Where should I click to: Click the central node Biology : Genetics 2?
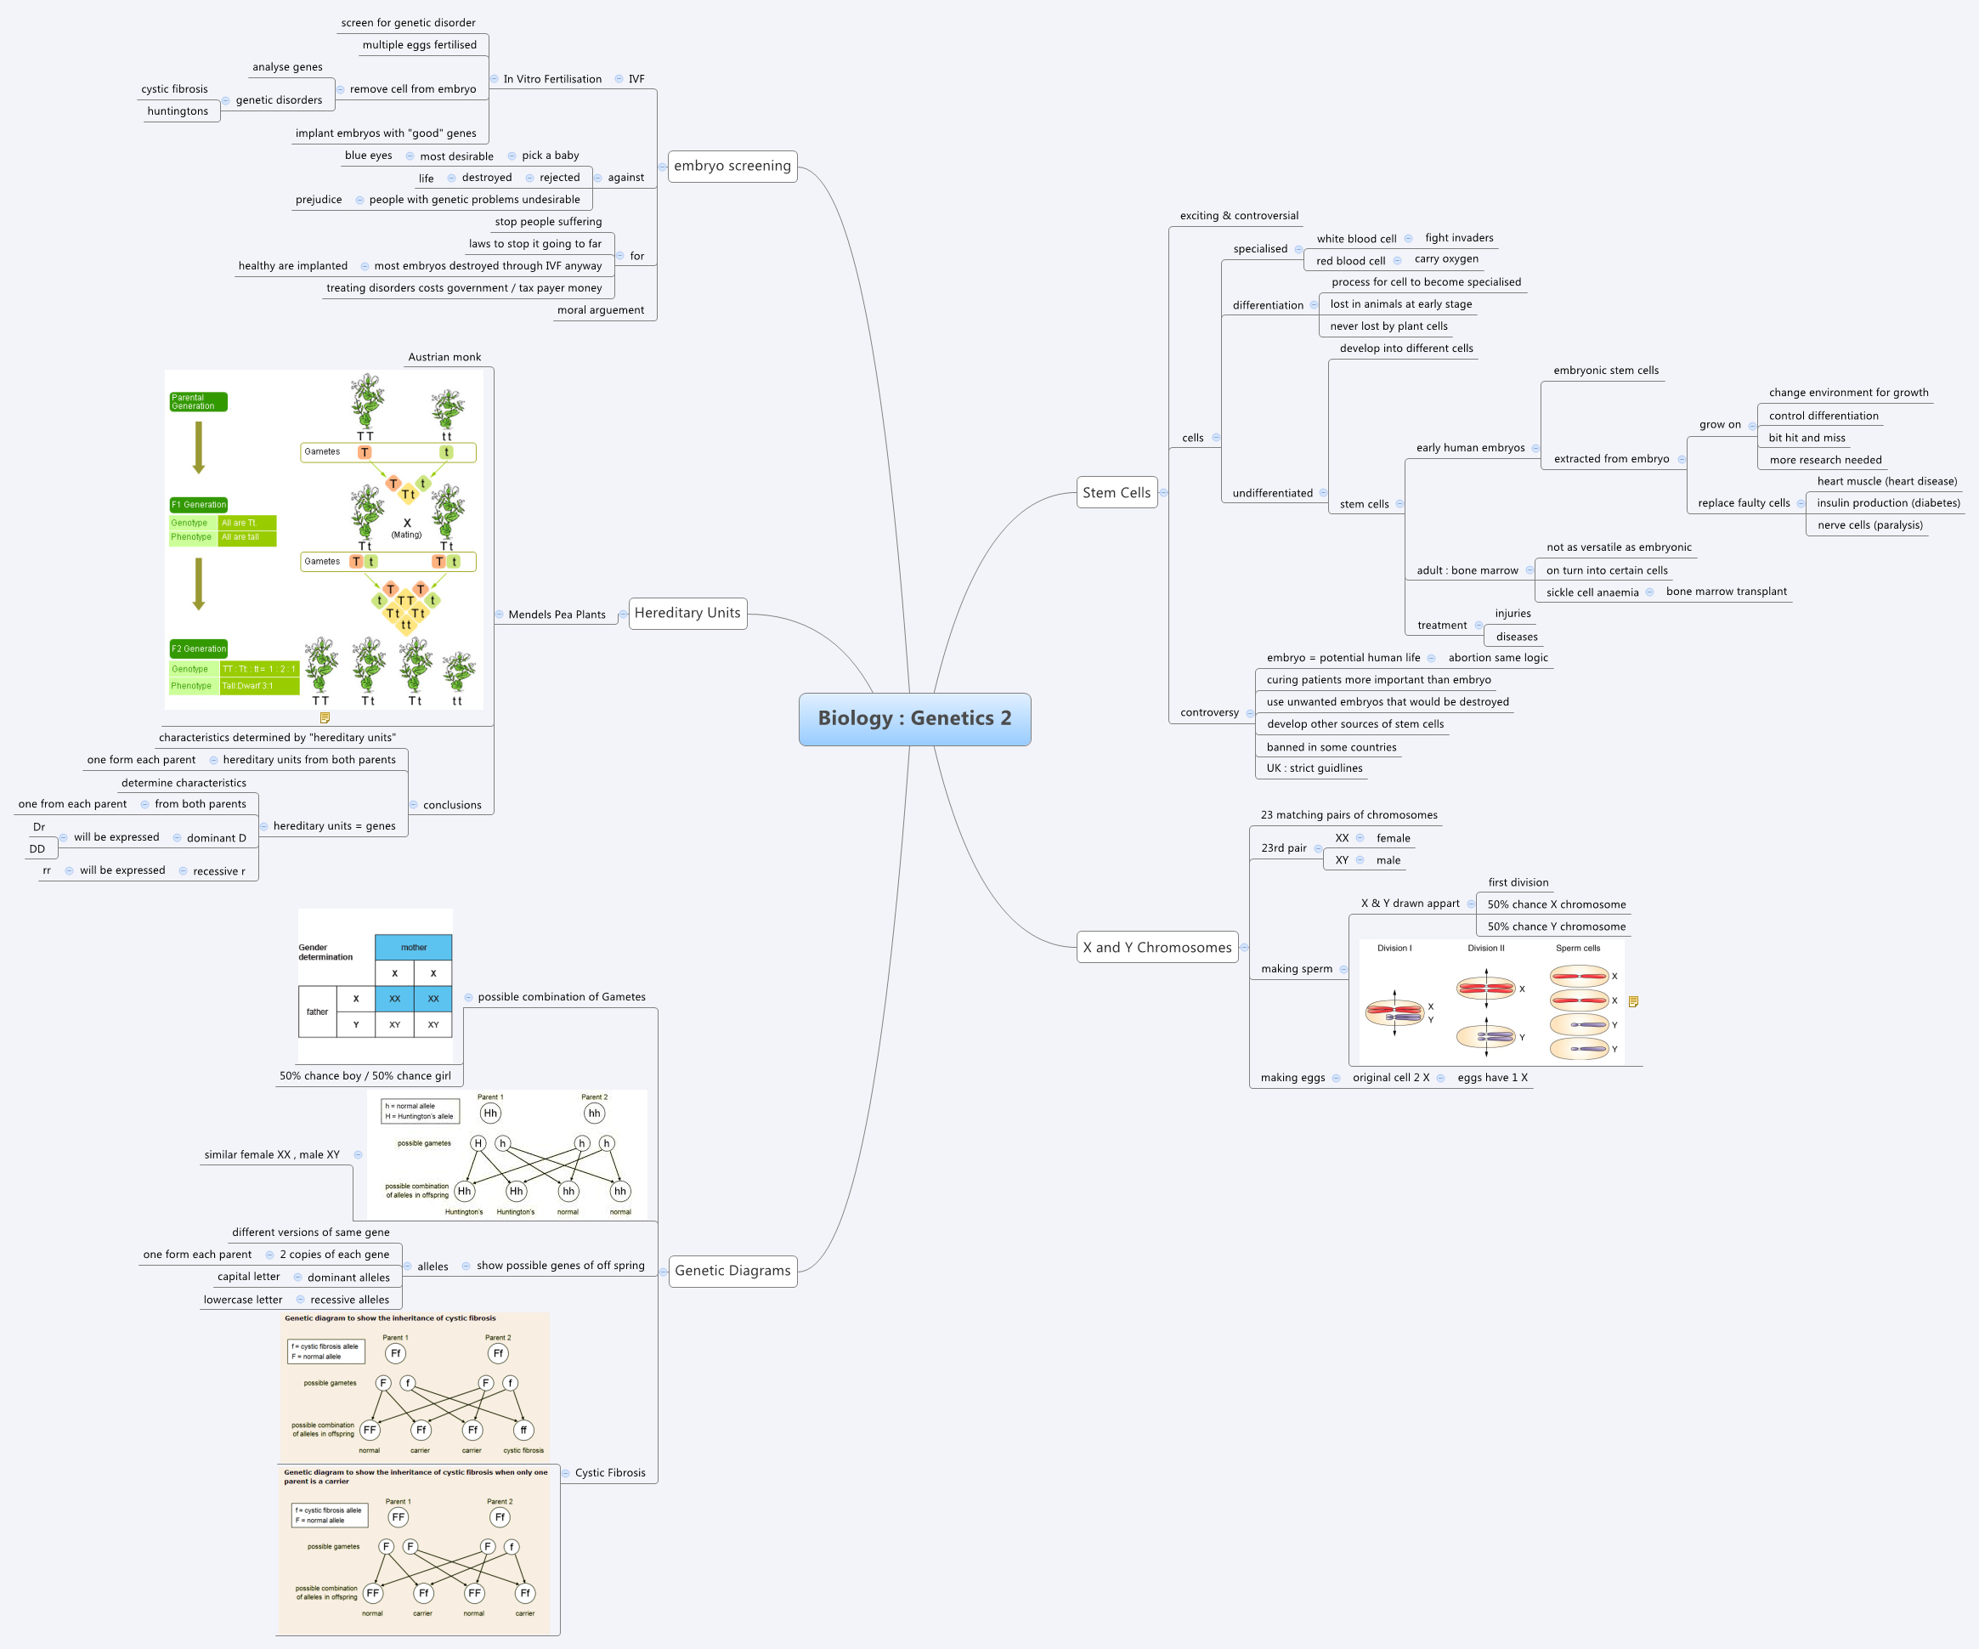(x=914, y=718)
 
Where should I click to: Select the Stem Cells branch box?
(x=1116, y=492)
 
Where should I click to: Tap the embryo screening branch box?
(x=732, y=166)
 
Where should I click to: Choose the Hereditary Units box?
(x=687, y=613)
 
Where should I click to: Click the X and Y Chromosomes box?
(x=1156, y=948)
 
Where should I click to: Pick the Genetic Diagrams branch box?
(x=732, y=1271)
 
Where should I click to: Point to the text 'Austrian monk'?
(x=444, y=357)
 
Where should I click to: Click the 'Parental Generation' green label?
(x=198, y=402)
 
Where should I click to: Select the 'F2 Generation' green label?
(x=198, y=649)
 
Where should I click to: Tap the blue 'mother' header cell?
(x=414, y=948)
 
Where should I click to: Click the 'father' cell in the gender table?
(x=318, y=1011)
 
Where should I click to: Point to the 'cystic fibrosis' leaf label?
(x=174, y=89)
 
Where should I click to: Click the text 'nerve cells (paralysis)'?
(x=1869, y=525)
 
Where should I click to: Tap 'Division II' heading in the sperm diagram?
(x=1485, y=949)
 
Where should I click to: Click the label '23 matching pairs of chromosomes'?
(x=1349, y=815)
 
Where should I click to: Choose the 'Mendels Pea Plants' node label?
(x=557, y=615)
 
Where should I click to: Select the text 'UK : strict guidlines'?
(x=1314, y=768)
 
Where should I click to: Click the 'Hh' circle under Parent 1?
(x=490, y=1113)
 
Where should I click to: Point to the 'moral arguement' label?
(x=600, y=310)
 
